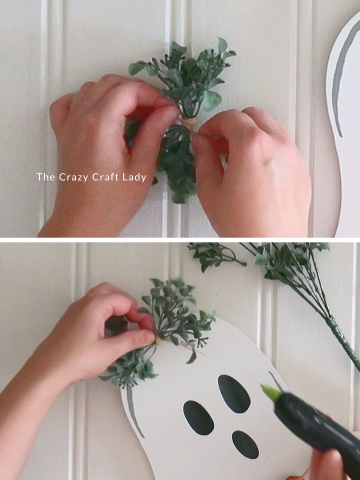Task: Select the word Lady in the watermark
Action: [x=134, y=177]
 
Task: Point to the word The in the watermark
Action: [x=46, y=177]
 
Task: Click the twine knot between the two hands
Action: [x=189, y=124]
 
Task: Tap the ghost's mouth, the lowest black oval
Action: [x=245, y=444]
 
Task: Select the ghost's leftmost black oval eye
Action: [x=198, y=418]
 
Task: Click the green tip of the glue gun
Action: [x=271, y=393]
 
